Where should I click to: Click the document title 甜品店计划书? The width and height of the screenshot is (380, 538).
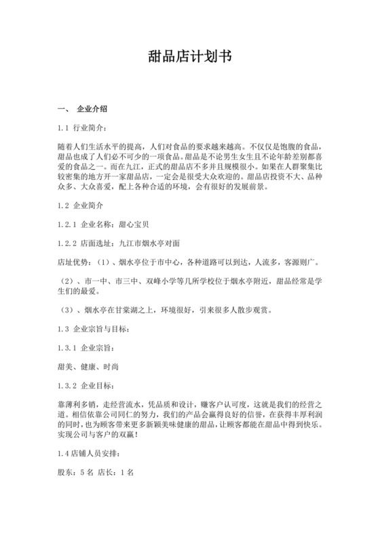[190, 57]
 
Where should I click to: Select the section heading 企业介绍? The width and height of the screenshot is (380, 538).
[92, 109]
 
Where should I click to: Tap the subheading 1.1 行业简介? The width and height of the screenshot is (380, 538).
[82, 127]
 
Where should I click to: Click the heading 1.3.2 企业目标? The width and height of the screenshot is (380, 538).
[85, 384]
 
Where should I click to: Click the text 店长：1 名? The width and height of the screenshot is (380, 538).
[111, 470]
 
